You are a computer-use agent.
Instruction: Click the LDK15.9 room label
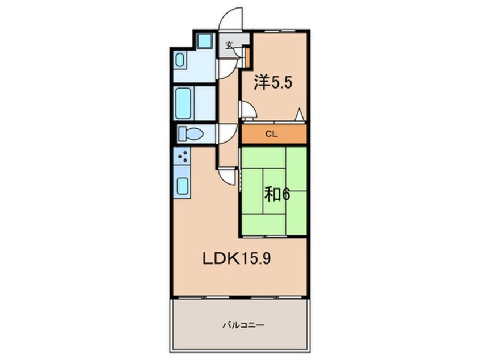(x=237, y=259)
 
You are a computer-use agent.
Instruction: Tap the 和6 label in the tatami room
(x=277, y=195)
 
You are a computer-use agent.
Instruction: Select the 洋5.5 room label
(x=273, y=82)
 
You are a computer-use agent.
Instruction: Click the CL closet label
(x=271, y=134)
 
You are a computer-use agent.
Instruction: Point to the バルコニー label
(x=243, y=325)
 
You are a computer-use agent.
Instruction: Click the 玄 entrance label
(x=229, y=45)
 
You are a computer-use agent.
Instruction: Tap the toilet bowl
(x=191, y=134)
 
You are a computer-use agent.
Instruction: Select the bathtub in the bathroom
(x=184, y=103)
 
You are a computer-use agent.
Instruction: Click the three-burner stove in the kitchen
(x=182, y=156)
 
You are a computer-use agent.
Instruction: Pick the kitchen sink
(x=183, y=186)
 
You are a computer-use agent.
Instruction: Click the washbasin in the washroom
(x=180, y=60)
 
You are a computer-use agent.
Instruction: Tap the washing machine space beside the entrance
(x=204, y=40)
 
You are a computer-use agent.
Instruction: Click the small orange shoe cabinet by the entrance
(x=247, y=57)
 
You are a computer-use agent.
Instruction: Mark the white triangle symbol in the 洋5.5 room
(x=300, y=115)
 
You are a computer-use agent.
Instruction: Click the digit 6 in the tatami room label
(x=285, y=195)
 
